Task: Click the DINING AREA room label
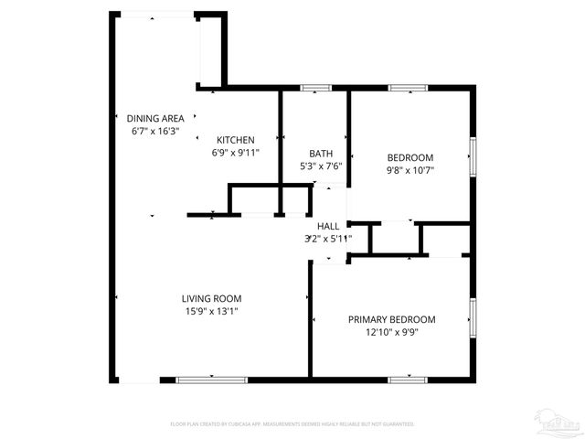coord(155,118)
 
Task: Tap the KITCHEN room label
coord(235,140)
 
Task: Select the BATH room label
coord(321,154)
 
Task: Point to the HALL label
coord(328,226)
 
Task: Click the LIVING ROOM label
coord(211,298)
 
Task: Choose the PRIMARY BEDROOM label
coord(391,319)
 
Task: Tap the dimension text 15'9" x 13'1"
coord(211,311)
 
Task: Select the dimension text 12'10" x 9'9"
coord(391,332)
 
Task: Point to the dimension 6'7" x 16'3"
coord(155,131)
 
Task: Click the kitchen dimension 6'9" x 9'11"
coord(236,153)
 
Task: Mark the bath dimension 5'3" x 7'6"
coord(321,166)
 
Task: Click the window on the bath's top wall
coord(315,88)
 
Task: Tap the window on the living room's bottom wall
coord(199,379)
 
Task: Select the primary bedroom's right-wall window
coord(473,317)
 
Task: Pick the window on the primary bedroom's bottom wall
coord(408,379)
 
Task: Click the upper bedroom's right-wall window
coord(473,155)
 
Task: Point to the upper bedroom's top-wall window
coord(408,88)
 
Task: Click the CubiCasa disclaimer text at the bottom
coord(292,424)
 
